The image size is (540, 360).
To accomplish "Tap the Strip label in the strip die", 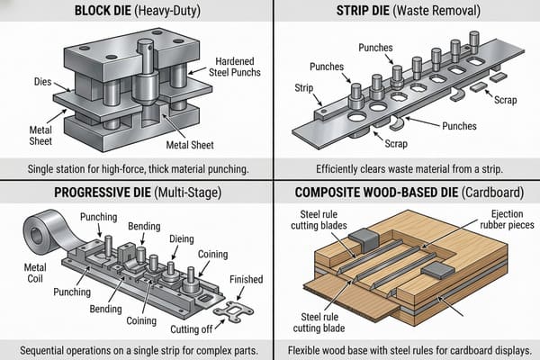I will [304, 88].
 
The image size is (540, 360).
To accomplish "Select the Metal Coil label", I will [24, 271].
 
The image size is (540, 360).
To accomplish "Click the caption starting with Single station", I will [136, 167].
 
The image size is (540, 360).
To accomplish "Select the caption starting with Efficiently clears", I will [406, 167].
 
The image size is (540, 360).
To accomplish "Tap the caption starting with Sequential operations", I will [136, 349].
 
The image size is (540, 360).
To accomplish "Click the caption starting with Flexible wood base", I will [406, 349].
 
